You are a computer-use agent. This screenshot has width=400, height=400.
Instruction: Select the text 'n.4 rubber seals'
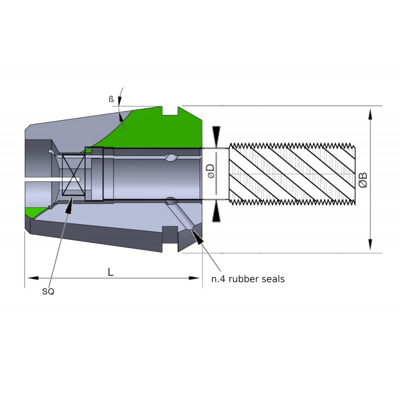tap(247, 279)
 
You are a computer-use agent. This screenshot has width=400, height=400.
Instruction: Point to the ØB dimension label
tap(363, 179)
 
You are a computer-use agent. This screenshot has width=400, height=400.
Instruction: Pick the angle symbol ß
tap(111, 99)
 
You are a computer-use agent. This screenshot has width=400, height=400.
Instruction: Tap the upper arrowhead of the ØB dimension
tap(370, 114)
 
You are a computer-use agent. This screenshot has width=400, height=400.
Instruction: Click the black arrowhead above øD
tap(216, 135)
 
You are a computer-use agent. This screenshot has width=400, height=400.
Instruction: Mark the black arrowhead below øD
tap(216, 213)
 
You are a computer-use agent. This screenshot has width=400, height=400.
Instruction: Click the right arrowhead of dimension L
tap(195, 277)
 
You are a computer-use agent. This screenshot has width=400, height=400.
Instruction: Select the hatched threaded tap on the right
tap(291, 173)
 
